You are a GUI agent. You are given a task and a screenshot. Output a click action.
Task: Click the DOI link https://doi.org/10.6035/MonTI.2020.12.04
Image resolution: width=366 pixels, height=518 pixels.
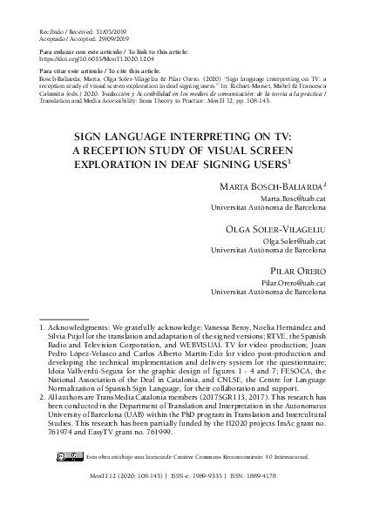pyautogui.click(x=84, y=58)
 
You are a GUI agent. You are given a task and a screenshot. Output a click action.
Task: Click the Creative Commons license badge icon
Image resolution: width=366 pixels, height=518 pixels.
pyautogui.click(x=68, y=479)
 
